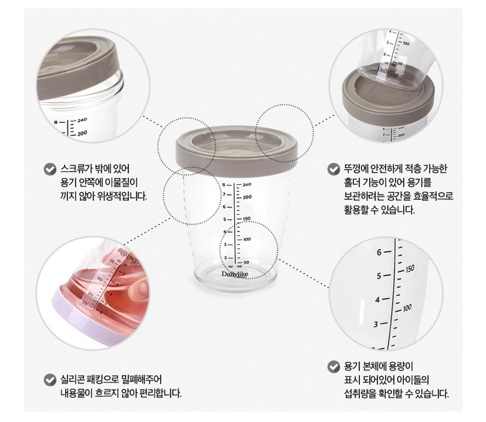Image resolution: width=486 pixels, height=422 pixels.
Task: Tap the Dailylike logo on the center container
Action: click(x=235, y=274)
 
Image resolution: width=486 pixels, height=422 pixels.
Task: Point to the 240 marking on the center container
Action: click(x=247, y=185)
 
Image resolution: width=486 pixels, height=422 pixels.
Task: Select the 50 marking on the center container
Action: click(x=247, y=262)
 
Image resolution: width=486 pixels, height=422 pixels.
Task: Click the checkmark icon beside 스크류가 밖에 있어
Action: click(x=50, y=169)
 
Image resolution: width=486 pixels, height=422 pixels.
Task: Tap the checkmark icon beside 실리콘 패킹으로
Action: click(x=50, y=380)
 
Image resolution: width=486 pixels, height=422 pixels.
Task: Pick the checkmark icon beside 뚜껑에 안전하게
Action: click(x=333, y=169)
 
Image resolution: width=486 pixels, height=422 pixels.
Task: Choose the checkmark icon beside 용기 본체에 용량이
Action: click(x=333, y=367)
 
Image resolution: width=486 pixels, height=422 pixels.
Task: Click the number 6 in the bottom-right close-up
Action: click(x=379, y=252)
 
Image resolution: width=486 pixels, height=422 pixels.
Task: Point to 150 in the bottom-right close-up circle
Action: click(x=410, y=269)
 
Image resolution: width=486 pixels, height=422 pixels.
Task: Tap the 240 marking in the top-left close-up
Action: click(x=82, y=120)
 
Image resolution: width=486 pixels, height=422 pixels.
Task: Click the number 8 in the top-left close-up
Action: click(x=56, y=123)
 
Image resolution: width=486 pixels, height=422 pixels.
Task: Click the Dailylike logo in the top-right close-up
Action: click(x=388, y=72)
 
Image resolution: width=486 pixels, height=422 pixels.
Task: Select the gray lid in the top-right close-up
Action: click(x=387, y=97)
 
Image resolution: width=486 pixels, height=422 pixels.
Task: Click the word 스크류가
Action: click(x=72, y=169)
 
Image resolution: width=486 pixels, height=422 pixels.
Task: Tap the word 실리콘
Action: click(x=72, y=380)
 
